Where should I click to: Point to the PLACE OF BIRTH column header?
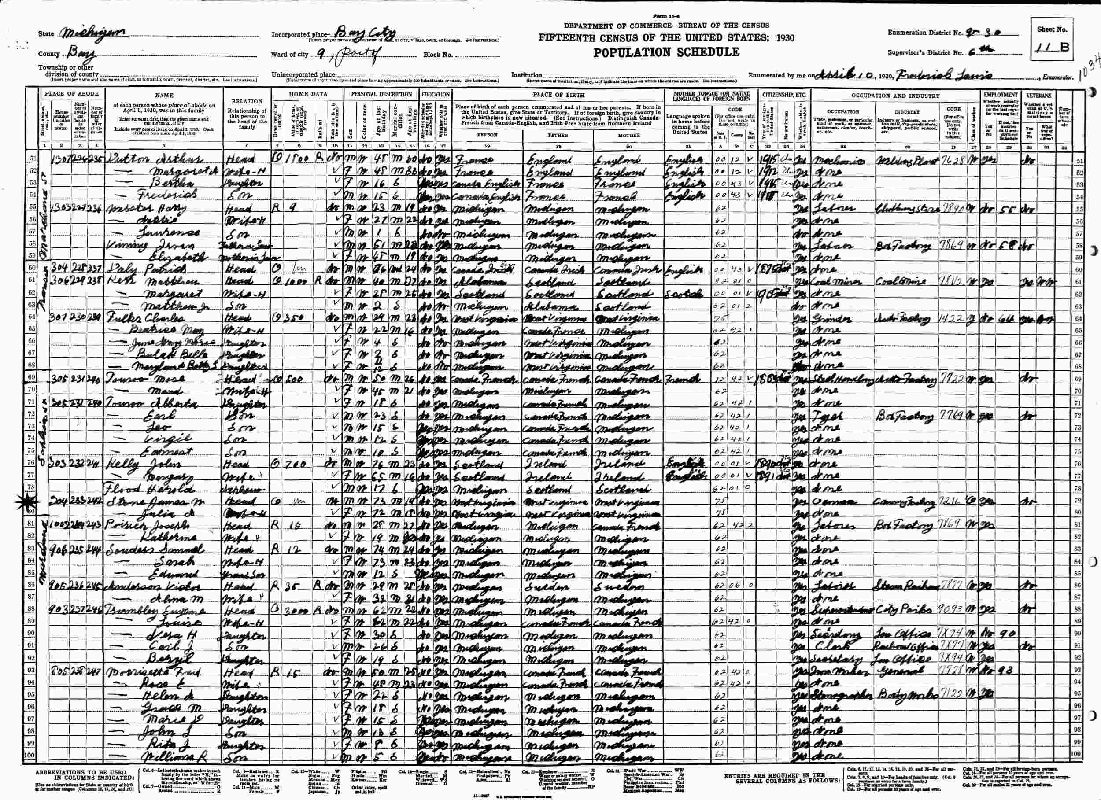click(x=559, y=95)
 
